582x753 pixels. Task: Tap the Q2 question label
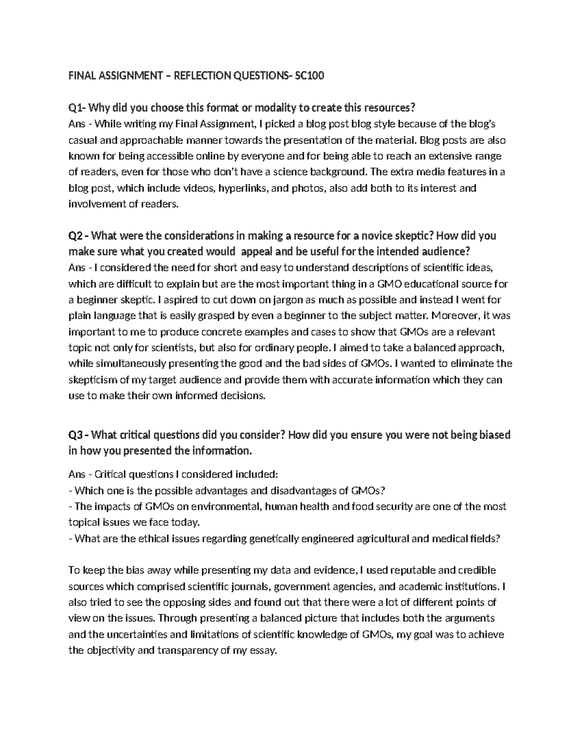pos(77,236)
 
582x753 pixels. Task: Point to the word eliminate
pos(472,364)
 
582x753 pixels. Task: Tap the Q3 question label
pos(77,435)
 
